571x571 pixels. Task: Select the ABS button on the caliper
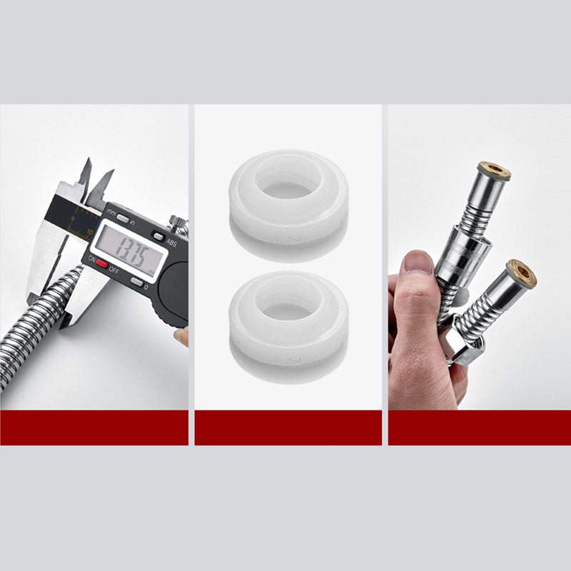[158, 236]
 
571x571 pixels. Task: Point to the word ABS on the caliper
[172, 243]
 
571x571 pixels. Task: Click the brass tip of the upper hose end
[494, 171]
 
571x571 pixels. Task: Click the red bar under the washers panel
[288, 428]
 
